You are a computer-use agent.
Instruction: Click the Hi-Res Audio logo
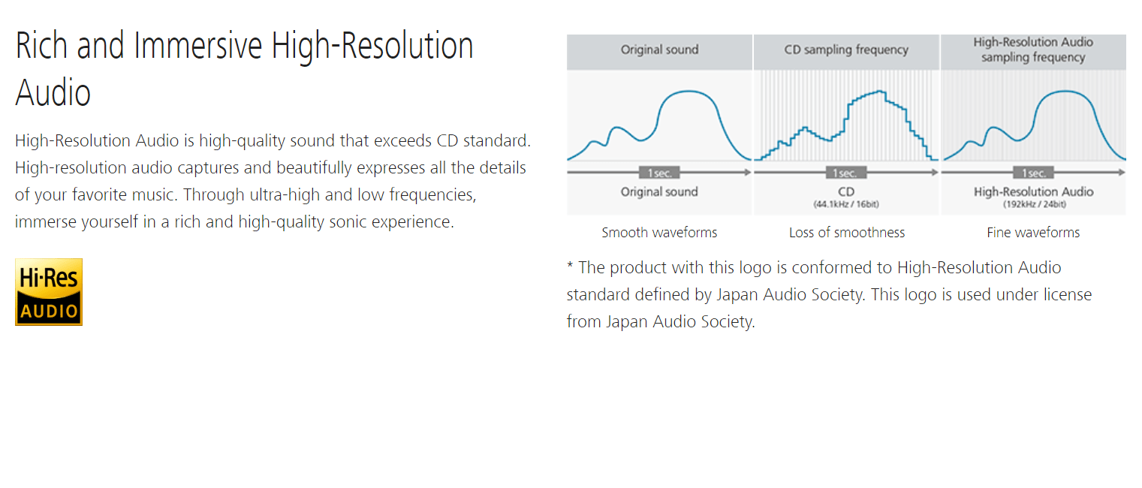[x=49, y=292]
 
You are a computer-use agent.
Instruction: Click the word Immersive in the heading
[x=197, y=46]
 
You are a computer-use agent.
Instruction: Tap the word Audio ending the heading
[x=53, y=93]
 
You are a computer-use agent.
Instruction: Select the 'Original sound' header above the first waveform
[x=659, y=50]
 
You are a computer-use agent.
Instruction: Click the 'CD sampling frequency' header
[x=846, y=50]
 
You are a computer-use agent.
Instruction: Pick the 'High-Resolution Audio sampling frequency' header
[x=1033, y=50]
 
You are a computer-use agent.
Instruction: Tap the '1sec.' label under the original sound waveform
[x=659, y=173]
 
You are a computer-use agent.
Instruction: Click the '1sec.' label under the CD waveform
[x=845, y=173]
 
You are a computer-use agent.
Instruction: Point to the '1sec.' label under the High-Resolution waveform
[x=1033, y=173]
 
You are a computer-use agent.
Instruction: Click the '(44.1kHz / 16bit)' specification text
[x=845, y=204]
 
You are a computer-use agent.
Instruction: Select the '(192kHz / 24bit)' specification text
[x=1034, y=204]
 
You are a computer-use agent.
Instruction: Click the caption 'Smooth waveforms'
[x=659, y=233]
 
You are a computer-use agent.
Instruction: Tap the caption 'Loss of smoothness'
[x=847, y=233]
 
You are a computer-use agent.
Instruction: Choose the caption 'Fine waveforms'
[x=1033, y=233]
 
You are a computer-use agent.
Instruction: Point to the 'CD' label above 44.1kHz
[x=845, y=191]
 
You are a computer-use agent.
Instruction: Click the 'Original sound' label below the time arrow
[x=659, y=191]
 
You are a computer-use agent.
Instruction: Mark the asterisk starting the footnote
[x=570, y=265]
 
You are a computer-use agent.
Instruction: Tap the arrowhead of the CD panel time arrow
[x=935, y=173]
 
